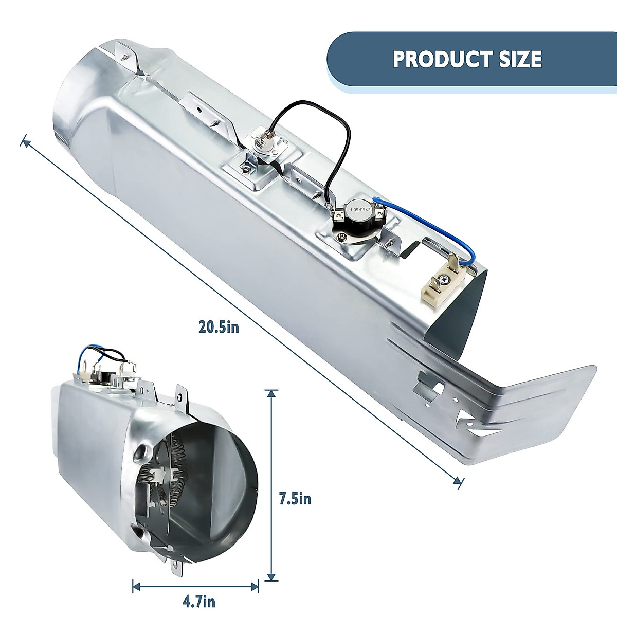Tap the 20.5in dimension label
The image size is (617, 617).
(219, 327)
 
